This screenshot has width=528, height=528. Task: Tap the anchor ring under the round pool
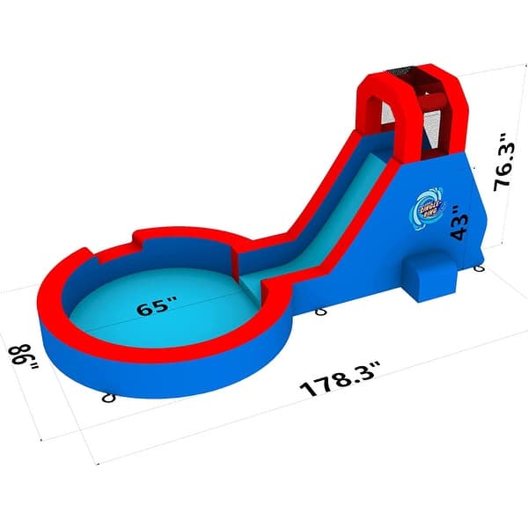click(109, 398)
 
